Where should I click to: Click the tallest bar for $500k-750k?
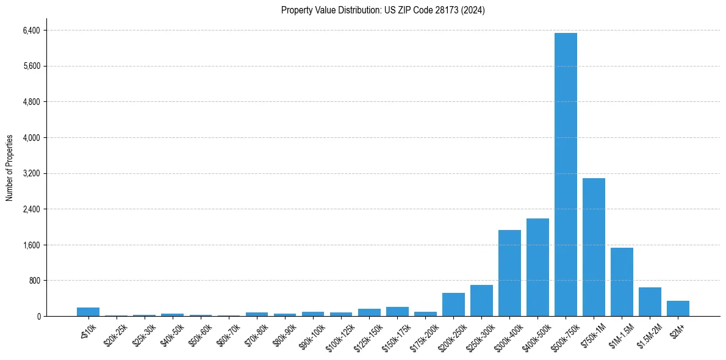click(566, 175)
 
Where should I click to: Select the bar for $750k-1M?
click(594, 247)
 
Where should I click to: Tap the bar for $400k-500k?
click(537, 267)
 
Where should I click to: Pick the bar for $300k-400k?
click(509, 273)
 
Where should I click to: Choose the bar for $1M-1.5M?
click(622, 282)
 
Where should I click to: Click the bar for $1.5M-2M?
click(650, 302)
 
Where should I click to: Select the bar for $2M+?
click(678, 309)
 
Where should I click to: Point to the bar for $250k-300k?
click(481, 301)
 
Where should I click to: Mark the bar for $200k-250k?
click(453, 304)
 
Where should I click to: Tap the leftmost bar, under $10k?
click(88, 312)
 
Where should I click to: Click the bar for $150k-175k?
click(397, 312)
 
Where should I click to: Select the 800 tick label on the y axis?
click(33, 281)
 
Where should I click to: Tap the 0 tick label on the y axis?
click(38, 316)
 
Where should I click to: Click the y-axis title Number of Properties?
click(9, 167)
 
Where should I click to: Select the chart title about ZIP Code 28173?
click(383, 10)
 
